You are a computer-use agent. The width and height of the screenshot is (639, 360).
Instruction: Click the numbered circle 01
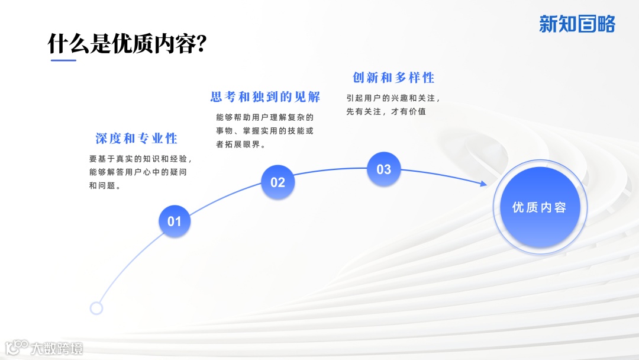coord(174,221)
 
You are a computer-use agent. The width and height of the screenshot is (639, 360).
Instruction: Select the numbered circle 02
coord(277,182)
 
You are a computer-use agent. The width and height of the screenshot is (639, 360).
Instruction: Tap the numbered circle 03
coord(383,169)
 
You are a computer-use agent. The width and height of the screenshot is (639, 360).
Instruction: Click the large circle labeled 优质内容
coord(539,207)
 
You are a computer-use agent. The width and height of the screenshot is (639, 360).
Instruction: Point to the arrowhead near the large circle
coord(483,184)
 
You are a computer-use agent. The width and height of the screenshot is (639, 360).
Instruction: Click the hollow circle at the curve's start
coord(96,308)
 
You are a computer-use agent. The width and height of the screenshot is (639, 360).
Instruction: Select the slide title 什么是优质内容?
coord(127,44)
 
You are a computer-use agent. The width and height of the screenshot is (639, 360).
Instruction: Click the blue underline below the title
coord(63,60)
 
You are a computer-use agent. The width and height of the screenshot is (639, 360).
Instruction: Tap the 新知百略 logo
coord(577,24)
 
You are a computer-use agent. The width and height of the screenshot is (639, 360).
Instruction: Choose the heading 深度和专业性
coord(137,139)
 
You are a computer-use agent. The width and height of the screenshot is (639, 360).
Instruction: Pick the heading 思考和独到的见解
coord(265,97)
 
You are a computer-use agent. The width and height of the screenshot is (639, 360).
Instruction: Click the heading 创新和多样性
coord(393,78)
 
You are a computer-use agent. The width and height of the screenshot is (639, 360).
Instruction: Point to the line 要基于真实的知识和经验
coord(140,159)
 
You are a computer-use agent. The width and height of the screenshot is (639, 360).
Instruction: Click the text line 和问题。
coord(105,185)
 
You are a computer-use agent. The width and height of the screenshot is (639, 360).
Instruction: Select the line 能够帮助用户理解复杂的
coord(264,117)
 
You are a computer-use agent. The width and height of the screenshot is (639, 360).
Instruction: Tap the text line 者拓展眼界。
coord(241,144)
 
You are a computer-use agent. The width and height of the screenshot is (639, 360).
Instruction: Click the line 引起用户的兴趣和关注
coord(393,98)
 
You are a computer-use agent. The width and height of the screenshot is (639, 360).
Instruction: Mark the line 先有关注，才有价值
coord(386,111)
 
